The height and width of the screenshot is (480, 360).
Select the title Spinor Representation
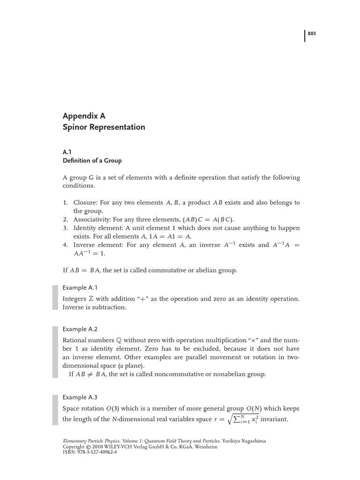click(x=104, y=127)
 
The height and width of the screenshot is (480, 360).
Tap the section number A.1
click(x=67, y=152)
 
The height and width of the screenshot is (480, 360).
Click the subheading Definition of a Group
click(x=92, y=160)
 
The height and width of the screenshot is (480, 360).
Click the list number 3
click(x=66, y=228)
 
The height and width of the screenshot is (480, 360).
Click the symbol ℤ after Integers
click(x=91, y=299)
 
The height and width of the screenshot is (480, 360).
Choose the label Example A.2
click(x=80, y=329)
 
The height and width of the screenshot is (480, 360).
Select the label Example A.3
click(x=80, y=397)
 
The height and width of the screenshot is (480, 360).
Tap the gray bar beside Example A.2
click(x=55, y=352)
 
